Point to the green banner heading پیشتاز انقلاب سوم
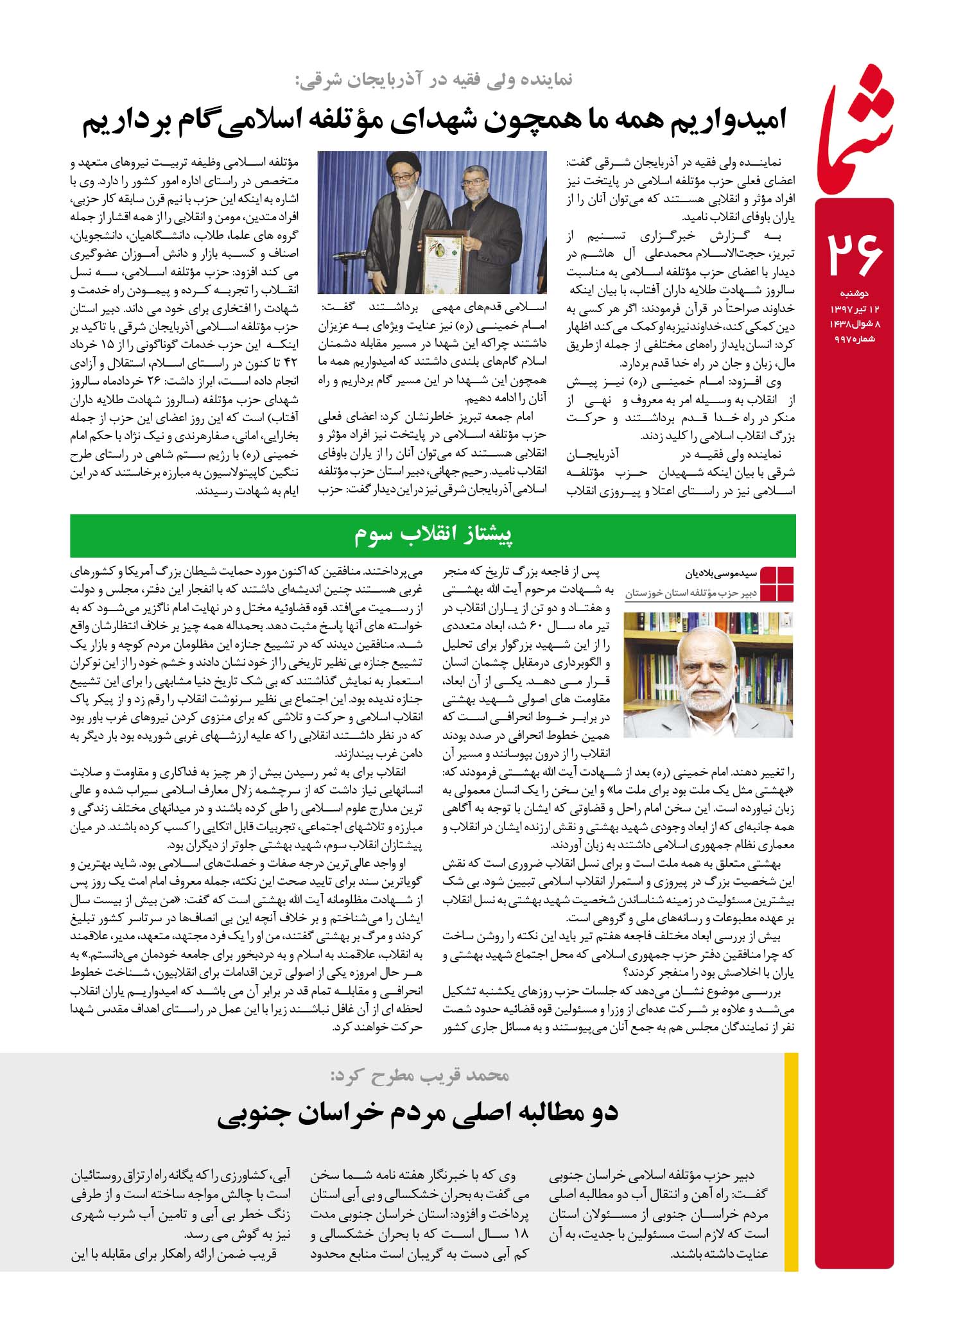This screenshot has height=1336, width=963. point(434,535)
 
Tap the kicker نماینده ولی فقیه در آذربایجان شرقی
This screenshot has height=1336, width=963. point(435,80)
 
